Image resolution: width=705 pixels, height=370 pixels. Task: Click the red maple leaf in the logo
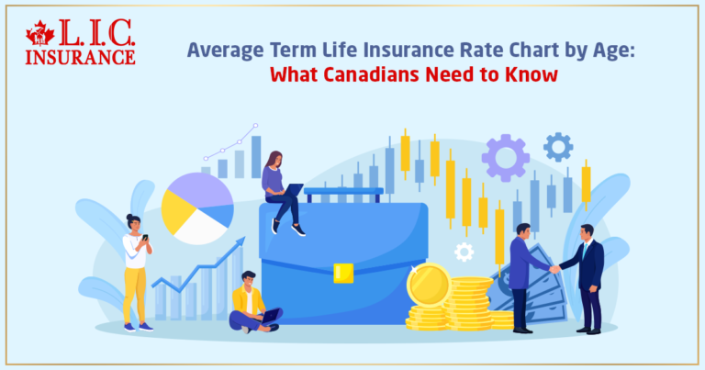[40, 35]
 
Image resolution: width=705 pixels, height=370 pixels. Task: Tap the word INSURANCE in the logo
[81, 56]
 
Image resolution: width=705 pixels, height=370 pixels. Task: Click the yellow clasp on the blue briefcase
[343, 272]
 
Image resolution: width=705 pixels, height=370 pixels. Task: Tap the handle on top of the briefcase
[343, 193]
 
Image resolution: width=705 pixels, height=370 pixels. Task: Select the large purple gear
[506, 157]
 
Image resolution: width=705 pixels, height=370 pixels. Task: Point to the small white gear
[464, 252]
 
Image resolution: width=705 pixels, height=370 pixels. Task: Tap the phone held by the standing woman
[144, 237]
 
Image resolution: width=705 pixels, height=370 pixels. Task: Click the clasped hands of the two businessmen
[554, 268]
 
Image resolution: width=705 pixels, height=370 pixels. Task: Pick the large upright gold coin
[428, 285]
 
